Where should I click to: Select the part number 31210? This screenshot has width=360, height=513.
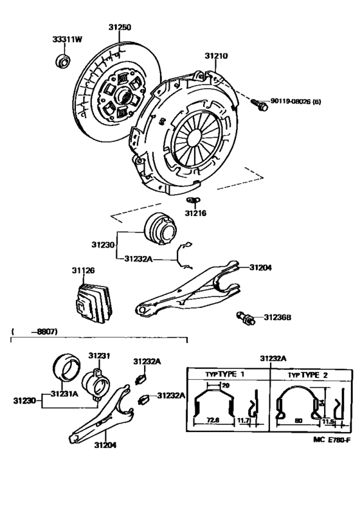coord(217,56)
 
